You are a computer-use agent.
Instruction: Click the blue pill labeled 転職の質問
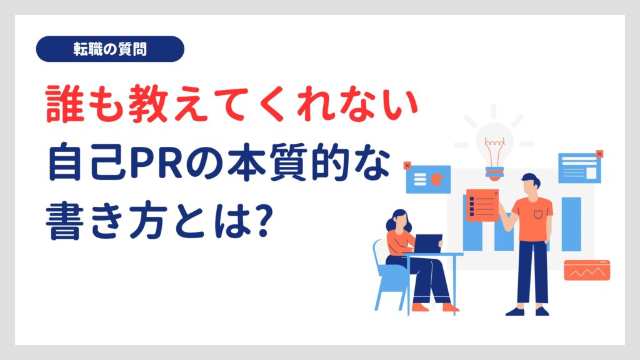click(110, 49)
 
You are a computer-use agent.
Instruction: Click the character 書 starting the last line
click(62, 221)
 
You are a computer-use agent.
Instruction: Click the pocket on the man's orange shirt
click(538, 214)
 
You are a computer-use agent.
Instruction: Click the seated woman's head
click(398, 221)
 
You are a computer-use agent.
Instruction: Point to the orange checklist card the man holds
click(482, 205)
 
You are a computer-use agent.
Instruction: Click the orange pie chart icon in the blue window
click(437, 179)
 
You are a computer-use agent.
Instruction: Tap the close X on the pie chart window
click(407, 165)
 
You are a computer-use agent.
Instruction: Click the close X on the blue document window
click(599, 154)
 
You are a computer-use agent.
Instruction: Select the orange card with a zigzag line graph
click(587, 270)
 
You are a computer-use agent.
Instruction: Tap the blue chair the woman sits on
click(387, 277)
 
